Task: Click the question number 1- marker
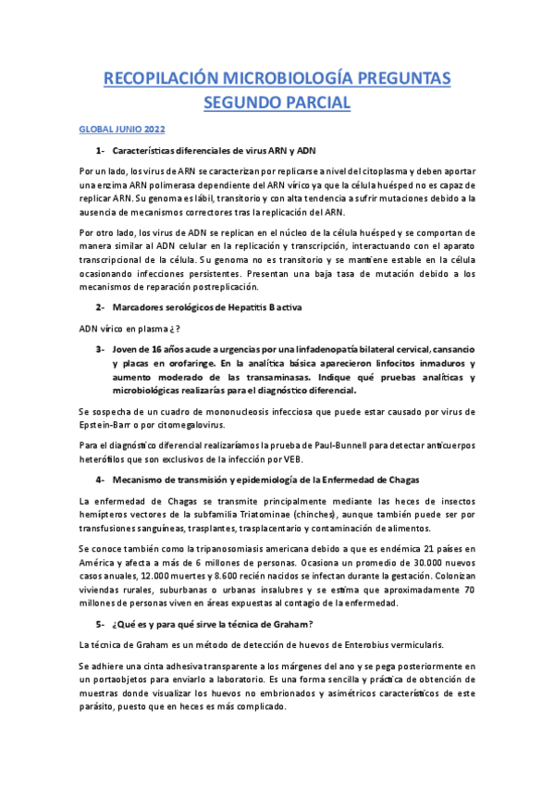[x=100, y=150]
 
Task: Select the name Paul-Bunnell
[x=324, y=445]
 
